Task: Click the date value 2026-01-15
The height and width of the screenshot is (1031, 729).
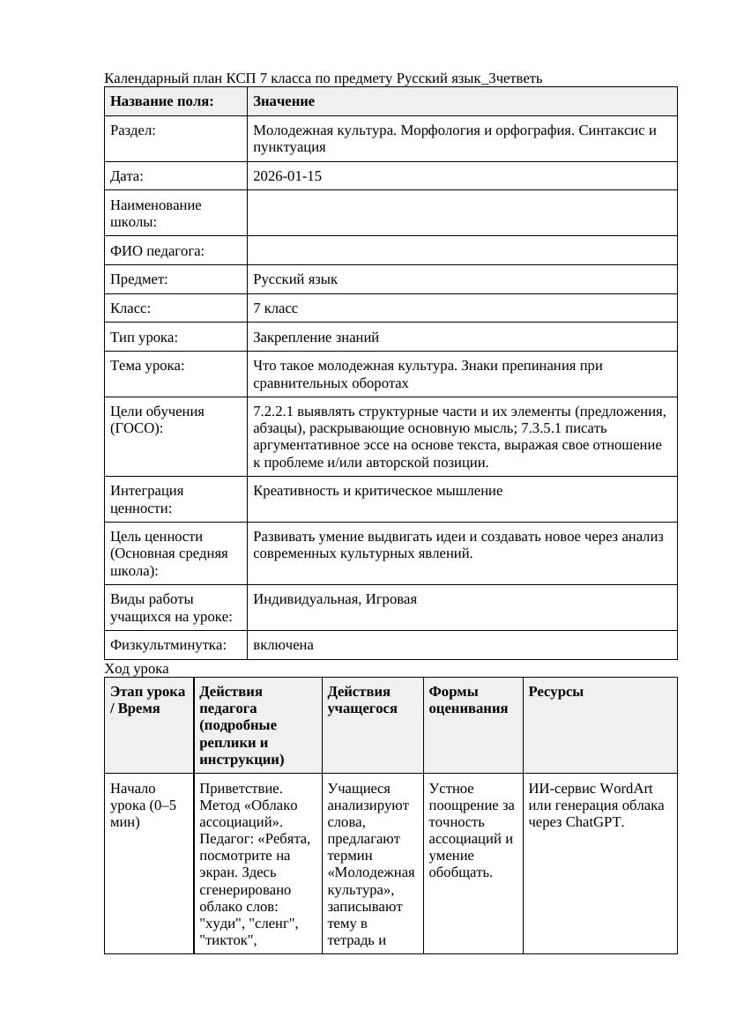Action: (x=286, y=176)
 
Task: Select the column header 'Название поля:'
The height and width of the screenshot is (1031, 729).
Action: (x=162, y=101)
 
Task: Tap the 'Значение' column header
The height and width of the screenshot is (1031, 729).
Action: (x=284, y=101)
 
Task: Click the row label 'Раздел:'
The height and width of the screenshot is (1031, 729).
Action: (x=133, y=130)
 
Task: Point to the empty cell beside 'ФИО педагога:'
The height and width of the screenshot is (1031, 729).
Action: (x=462, y=251)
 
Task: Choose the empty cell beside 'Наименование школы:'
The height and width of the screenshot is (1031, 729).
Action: (x=462, y=213)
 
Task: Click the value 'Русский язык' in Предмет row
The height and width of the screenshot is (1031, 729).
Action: (x=295, y=279)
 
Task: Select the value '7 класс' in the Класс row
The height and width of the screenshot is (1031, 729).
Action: (x=275, y=308)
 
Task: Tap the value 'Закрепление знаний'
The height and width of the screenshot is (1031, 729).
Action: (x=316, y=337)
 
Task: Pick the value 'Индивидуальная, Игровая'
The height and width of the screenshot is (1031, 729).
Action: (x=335, y=599)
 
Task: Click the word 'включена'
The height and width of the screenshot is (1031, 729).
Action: (x=283, y=645)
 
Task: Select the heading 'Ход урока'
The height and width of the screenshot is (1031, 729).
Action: (x=137, y=669)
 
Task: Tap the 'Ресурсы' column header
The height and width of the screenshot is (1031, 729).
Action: (x=556, y=692)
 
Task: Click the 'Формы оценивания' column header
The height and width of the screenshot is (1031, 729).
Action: (x=468, y=700)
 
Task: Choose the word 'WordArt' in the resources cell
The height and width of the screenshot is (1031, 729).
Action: (x=628, y=789)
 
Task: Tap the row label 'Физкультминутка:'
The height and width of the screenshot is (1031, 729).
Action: (x=167, y=645)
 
